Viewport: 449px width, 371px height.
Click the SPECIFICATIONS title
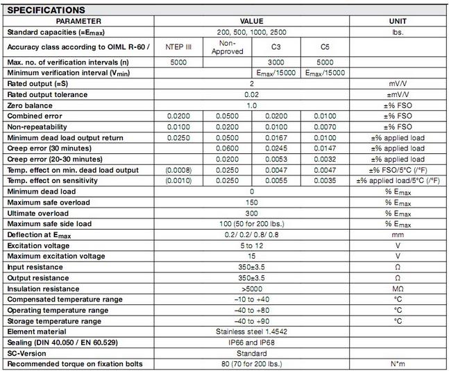point(46,10)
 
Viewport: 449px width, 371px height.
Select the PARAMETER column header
point(80,21)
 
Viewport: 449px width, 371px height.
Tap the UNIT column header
point(398,21)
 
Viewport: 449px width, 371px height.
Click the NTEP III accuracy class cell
point(178,47)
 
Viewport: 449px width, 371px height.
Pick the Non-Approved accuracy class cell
point(227,47)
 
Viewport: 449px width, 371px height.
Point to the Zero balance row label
point(30,105)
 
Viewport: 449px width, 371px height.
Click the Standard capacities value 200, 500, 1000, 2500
point(251,32)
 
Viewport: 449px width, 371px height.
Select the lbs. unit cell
point(398,32)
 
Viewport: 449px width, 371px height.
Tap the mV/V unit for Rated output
point(398,83)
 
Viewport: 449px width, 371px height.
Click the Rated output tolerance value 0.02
point(251,94)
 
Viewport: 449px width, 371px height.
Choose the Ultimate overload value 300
point(251,214)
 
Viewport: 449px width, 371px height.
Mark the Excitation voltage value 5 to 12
point(251,245)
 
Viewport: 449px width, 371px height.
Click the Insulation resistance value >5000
point(251,288)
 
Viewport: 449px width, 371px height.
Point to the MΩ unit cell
point(398,288)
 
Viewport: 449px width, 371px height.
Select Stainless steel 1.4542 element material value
point(251,331)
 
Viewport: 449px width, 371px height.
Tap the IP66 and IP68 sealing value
point(251,343)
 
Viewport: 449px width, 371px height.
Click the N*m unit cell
point(398,364)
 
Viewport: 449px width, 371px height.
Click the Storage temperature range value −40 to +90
point(251,321)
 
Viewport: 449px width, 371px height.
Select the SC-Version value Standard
point(251,353)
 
